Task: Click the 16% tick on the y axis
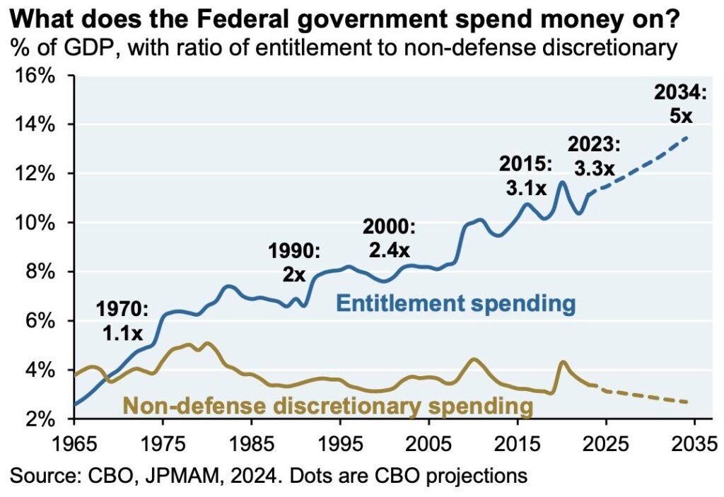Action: (x=36, y=75)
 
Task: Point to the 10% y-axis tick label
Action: (x=36, y=223)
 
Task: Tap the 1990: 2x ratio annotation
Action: (x=294, y=262)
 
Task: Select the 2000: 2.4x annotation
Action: (x=390, y=238)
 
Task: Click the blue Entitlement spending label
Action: (x=455, y=305)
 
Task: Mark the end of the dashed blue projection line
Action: (x=687, y=137)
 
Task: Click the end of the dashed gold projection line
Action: (x=687, y=402)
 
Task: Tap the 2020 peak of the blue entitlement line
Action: (x=562, y=182)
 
